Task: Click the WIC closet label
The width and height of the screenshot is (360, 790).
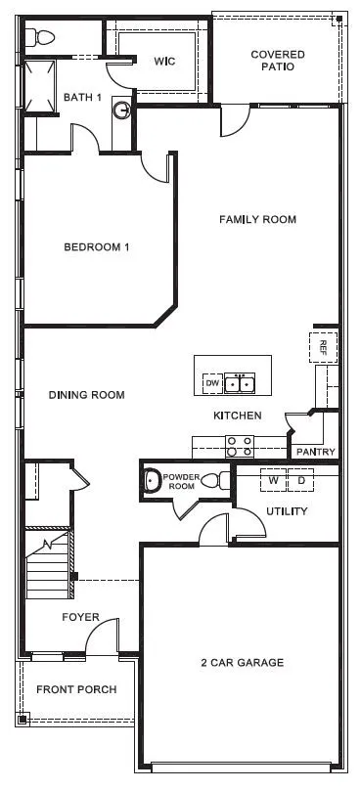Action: [164, 62]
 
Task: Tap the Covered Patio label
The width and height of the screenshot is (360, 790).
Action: [278, 61]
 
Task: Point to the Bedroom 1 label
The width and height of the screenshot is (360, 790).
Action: [97, 247]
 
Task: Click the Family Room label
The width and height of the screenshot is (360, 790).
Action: [257, 220]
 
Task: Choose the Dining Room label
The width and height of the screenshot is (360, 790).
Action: [87, 395]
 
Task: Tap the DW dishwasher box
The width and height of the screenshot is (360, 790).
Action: [210, 384]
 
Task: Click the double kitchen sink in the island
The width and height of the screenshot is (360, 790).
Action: [240, 384]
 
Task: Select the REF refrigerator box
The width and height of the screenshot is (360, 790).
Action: [324, 347]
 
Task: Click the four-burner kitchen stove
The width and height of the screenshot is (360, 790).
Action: [240, 446]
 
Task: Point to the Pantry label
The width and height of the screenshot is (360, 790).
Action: [315, 452]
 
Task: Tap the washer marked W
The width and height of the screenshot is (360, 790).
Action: [274, 481]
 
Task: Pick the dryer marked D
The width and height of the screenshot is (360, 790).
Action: [301, 481]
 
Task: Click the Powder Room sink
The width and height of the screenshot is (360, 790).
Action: [152, 480]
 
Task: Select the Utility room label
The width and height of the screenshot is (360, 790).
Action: [287, 511]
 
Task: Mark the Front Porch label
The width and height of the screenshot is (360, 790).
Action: [76, 689]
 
